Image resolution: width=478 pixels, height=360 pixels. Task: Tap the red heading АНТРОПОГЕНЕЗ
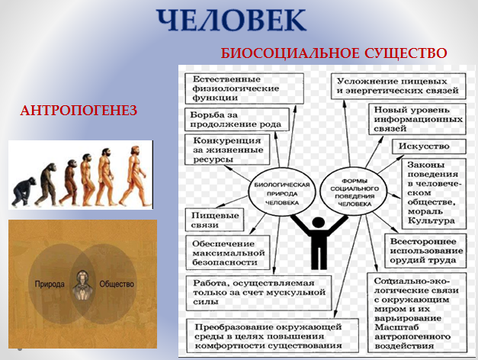coord(79,111)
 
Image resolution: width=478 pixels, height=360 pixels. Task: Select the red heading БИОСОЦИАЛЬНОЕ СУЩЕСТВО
coord(334,54)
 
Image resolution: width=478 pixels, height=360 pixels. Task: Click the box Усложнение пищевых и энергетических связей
coord(397,85)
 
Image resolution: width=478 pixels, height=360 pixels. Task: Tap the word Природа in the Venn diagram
coord(50,284)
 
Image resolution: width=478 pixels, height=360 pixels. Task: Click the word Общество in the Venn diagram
coord(117,284)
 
